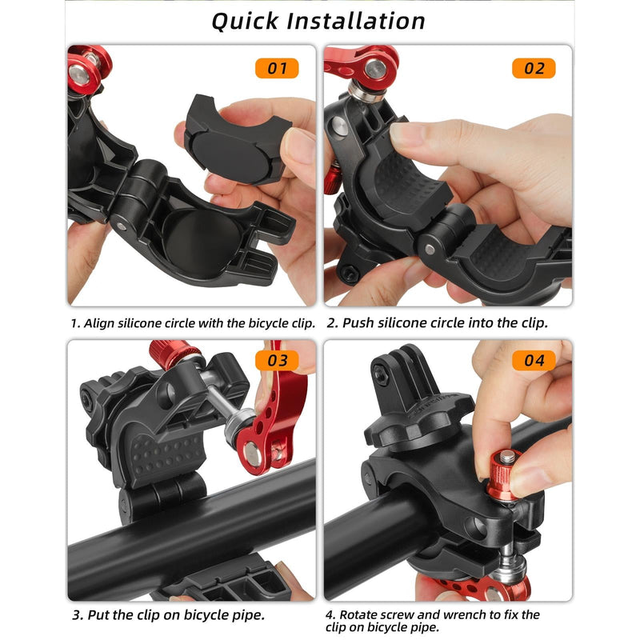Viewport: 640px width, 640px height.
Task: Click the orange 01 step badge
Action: tap(277, 68)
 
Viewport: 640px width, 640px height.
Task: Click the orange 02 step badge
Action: tap(534, 68)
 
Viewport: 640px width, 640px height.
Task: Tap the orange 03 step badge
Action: tap(277, 361)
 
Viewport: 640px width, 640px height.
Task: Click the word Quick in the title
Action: tap(247, 21)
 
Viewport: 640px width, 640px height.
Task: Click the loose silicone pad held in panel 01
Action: tap(233, 138)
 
